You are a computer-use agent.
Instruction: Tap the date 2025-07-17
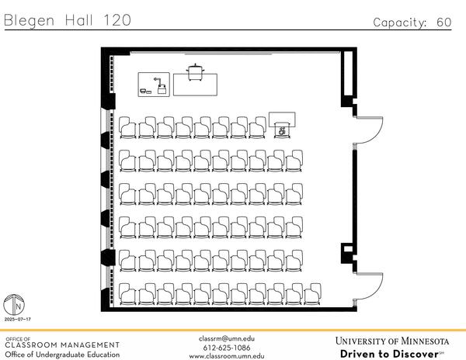(x=16, y=320)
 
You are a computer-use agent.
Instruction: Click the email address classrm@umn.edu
(x=227, y=338)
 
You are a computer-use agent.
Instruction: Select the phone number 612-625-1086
(x=227, y=348)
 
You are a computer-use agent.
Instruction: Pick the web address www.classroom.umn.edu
(x=227, y=356)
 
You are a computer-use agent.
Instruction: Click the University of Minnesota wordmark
(x=392, y=341)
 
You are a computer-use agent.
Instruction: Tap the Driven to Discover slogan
(x=388, y=354)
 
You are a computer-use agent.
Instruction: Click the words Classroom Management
(x=62, y=344)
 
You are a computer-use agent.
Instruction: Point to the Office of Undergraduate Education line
(x=62, y=355)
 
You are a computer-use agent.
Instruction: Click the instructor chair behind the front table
(x=194, y=71)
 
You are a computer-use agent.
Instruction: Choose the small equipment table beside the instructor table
(x=154, y=84)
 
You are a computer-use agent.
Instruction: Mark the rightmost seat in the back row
(x=311, y=294)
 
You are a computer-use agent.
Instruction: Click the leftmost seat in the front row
(x=127, y=126)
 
